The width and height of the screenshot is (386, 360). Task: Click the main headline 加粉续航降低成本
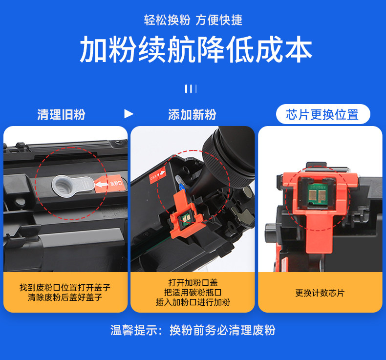[196, 49]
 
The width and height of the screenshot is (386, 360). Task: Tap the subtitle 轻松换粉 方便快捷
[193, 20]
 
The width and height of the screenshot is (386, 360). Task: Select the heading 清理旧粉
[61, 115]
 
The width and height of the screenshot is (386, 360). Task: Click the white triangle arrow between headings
[129, 114]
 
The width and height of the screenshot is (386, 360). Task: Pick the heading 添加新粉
[192, 115]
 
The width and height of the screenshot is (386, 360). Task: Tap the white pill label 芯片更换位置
[323, 114]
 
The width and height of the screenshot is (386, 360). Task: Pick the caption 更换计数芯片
[320, 293]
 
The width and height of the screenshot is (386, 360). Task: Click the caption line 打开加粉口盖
[193, 283]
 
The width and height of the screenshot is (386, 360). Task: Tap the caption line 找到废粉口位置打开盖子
[65, 287]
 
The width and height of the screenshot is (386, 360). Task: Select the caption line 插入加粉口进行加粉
[193, 302]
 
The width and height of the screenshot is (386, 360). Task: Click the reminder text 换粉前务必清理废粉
[222, 330]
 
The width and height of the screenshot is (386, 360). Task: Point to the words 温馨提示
[134, 330]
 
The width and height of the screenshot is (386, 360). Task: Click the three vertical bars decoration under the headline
[191, 89]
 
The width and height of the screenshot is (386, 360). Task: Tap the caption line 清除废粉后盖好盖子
[65, 297]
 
